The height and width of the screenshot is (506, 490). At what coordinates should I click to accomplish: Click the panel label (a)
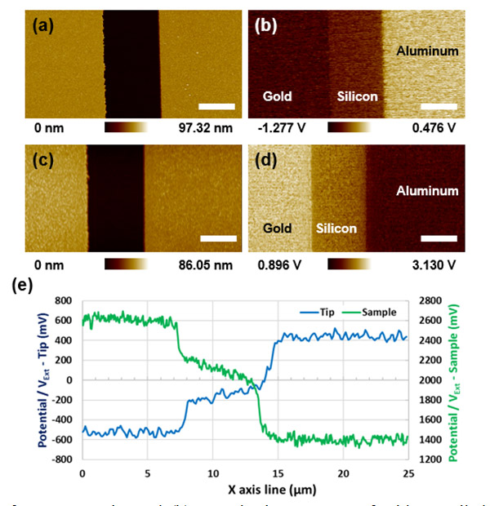43,26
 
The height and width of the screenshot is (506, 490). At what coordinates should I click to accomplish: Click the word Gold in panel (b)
277,96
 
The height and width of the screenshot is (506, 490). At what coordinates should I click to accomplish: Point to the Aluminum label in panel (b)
427,51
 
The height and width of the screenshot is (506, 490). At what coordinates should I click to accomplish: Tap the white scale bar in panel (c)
217,238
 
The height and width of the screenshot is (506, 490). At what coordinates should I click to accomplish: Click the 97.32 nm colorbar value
204,128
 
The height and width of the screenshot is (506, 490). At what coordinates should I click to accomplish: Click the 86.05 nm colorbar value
204,264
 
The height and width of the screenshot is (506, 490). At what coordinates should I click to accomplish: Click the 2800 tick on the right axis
429,300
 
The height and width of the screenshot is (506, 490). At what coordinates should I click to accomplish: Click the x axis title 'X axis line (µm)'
245,490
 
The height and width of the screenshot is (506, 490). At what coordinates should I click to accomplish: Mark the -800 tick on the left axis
62,459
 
